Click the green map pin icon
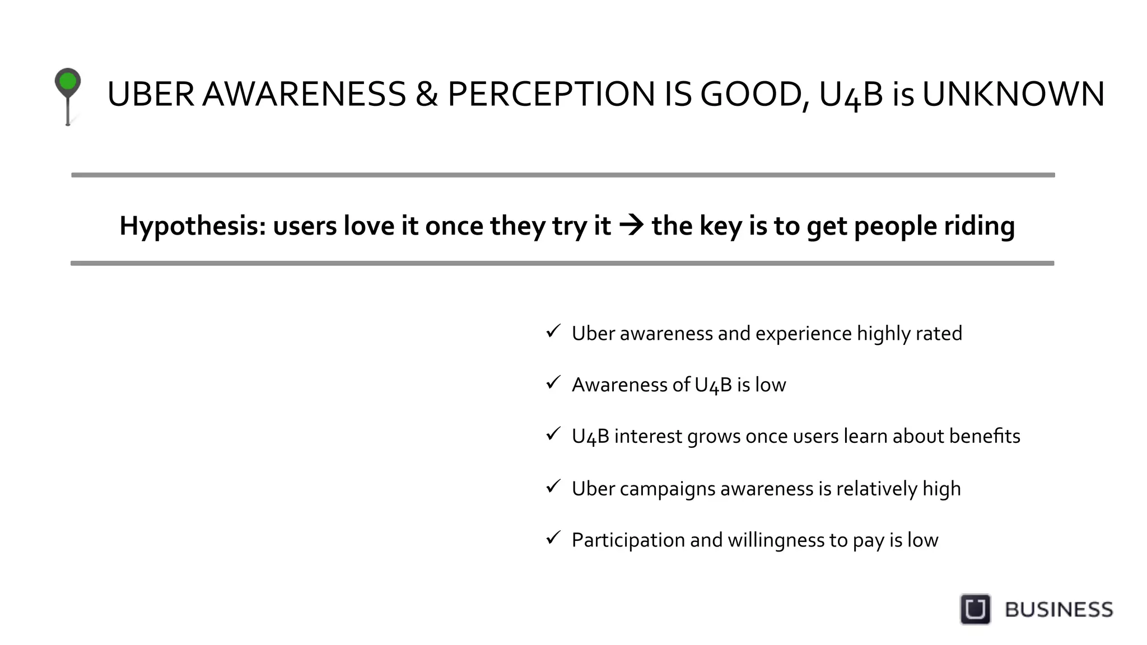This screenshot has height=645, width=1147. pyautogui.click(x=68, y=83)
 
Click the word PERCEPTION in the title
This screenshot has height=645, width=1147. pyautogui.click(x=551, y=94)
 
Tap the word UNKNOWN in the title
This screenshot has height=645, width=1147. pyautogui.click(x=1013, y=94)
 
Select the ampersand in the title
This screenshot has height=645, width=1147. pyautogui.click(x=427, y=94)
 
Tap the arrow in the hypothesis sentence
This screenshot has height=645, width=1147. pyautogui.click(x=632, y=225)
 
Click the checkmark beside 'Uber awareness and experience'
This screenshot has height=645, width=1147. pyautogui.click(x=553, y=331)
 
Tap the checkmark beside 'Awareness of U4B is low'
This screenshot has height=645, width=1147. pyautogui.click(x=553, y=382)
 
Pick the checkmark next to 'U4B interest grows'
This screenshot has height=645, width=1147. pyautogui.click(x=553, y=434)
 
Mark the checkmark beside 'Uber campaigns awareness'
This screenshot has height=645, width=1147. pyautogui.click(x=553, y=486)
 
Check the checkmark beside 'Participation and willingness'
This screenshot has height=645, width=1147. pyautogui.click(x=553, y=537)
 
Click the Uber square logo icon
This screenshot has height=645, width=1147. pyautogui.click(x=975, y=609)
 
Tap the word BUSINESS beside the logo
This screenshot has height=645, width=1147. pyautogui.click(x=1059, y=610)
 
